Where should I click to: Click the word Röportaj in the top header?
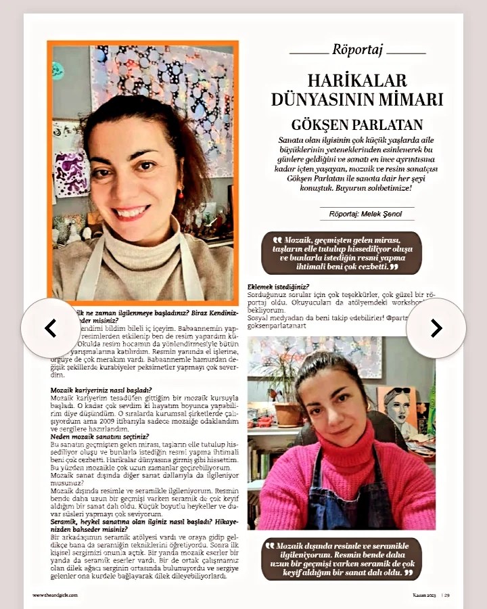(358, 49)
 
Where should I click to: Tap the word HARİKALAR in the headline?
(357, 81)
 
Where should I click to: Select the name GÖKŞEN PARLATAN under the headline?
(356, 125)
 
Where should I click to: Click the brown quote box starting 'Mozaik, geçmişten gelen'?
(342, 253)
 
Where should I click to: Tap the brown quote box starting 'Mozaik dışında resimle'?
(342, 559)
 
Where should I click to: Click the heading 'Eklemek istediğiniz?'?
(279, 287)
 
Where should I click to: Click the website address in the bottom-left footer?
(55, 595)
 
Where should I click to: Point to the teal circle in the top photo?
(58, 70)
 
